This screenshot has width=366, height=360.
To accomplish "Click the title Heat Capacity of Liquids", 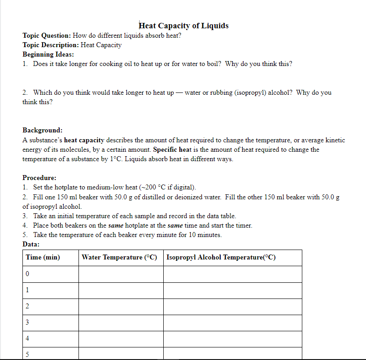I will [x=184, y=26].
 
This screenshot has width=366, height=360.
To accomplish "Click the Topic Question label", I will [x=47, y=35].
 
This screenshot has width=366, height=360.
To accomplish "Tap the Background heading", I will [x=43, y=130].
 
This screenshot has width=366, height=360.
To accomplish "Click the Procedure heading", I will [x=39, y=178].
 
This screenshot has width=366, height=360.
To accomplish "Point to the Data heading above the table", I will [x=31, y=244].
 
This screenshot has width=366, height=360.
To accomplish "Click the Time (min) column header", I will [x=43, y=257].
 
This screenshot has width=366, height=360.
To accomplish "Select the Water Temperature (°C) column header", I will [x=120, y=257].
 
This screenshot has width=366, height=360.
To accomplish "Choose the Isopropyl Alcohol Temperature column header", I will [x=221, y=257].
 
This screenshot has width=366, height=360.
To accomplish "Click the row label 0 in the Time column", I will [x=28, y=273].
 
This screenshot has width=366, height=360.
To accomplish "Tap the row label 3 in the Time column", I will [x=28, y=322].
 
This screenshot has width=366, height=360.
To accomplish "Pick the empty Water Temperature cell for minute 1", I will [x=121, y=290].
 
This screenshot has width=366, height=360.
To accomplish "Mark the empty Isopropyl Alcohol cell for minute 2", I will [x=232, y=306].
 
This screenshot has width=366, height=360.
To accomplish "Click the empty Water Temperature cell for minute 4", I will [x=121, y=338].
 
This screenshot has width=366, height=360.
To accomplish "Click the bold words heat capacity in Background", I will [x=84, y=140].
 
